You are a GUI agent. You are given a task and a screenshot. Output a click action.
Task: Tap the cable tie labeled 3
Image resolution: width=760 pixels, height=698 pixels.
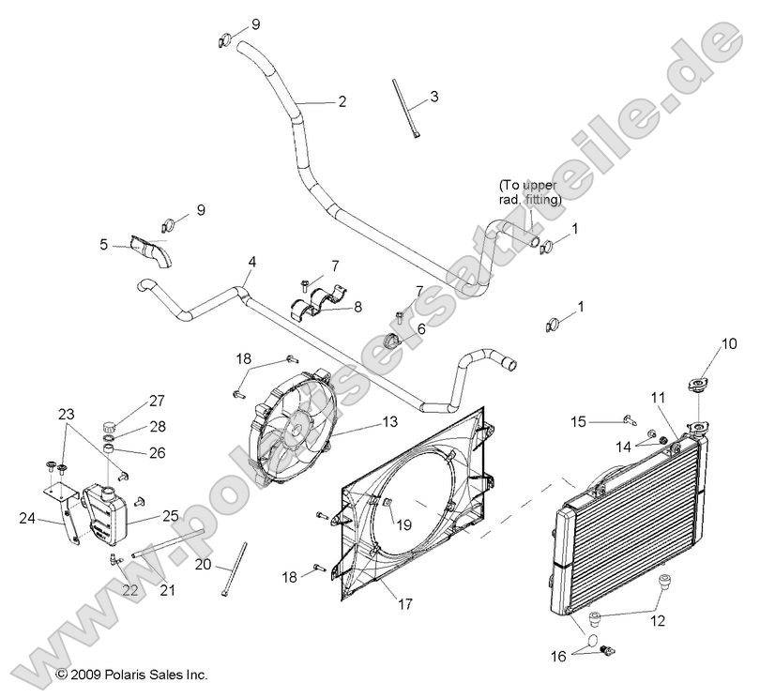pos(404,112)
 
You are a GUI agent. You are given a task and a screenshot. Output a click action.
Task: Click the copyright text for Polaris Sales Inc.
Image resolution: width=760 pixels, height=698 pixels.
pos(131,674)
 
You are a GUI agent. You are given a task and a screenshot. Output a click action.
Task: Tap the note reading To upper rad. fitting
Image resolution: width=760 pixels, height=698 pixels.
pos(530,191)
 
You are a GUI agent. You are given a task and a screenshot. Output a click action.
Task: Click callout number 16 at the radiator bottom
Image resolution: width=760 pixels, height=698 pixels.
pos(556,657)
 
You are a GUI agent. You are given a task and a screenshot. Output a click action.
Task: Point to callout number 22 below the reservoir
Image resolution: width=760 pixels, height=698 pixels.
pos(129,590)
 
